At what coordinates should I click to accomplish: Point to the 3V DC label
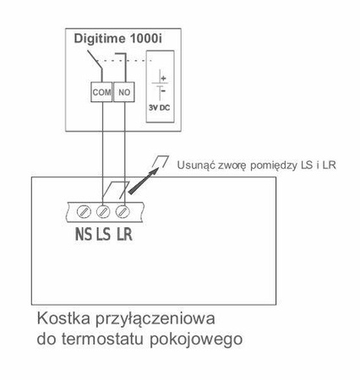[x=159, y=108]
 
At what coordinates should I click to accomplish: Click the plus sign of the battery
[x=162, y=78]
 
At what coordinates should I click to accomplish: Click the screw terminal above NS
[x=85, y=209]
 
